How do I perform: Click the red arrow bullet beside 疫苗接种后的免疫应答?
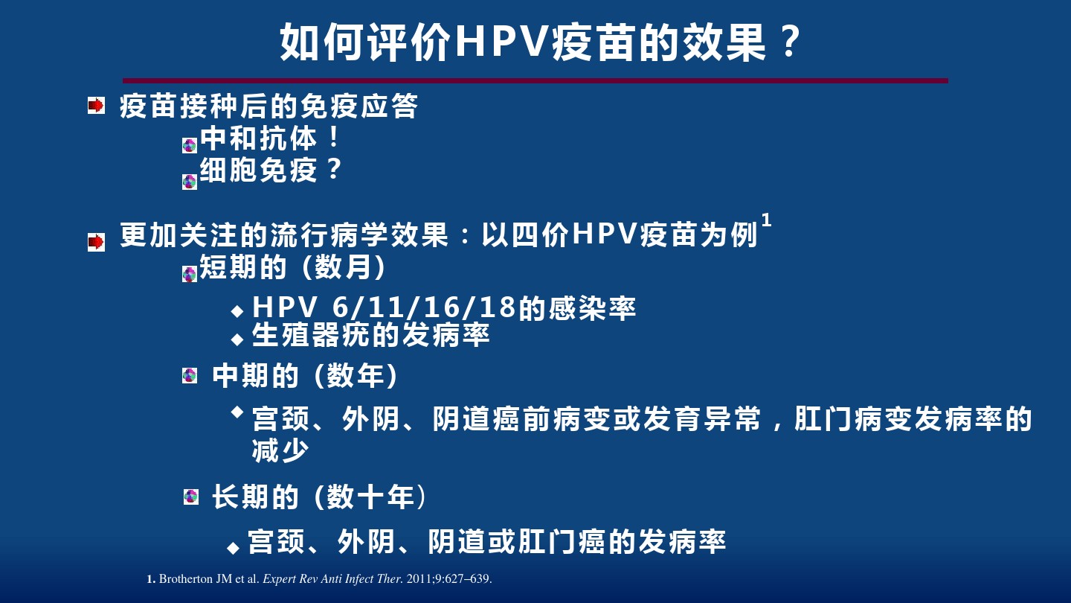point(96,106)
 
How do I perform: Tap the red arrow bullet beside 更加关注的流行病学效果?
point(96,242)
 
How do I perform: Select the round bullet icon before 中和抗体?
point(190,145)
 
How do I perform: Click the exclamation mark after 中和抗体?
point(334,137)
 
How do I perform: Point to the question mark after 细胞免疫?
point(334,169)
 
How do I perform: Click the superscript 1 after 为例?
point(766,220)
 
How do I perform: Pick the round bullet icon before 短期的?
point(190,274)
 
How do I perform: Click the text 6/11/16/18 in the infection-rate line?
point(424,307)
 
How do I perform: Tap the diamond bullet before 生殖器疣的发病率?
point(237,339)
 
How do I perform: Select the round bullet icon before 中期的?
point(190,376)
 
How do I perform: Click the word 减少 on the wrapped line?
point(280,450)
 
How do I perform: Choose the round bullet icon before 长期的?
point(191,497)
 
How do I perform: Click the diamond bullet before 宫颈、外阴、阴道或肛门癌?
point(234,547)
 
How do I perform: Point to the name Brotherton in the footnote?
point(185,579)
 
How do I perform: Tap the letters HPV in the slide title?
point(501,42)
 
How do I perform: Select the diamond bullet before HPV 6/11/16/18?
point(237,311)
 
